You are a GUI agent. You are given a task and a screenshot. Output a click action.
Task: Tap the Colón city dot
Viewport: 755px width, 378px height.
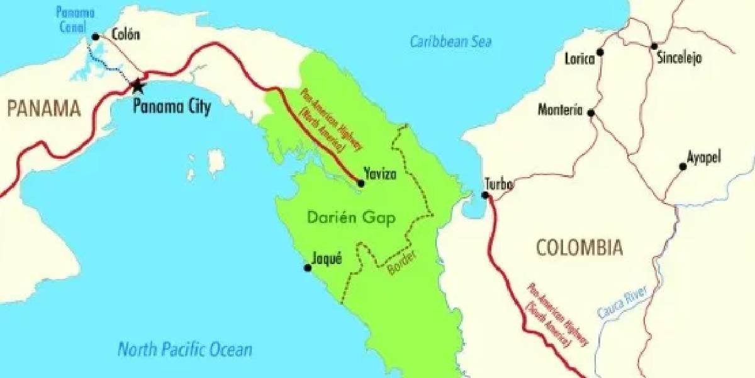pyautogui.click(x=96, y=37)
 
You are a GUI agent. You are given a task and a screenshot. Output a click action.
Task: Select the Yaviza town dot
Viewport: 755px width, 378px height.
pyautogui.click(x=361, y=183)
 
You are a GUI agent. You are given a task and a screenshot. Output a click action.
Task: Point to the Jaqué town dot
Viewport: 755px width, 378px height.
pyautogui.click(x=308, y=268)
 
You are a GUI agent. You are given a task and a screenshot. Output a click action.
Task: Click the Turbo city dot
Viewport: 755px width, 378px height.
pyautogui.click(x=486, y=195)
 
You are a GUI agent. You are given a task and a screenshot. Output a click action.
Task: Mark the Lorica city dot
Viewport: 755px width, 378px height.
pyautogui.click(x=600, y=52)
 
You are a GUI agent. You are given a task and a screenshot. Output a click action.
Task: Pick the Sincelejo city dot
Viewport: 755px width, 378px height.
pyautogui.click(x=654, y=46)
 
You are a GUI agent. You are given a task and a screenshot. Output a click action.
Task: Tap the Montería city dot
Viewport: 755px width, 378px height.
pyautogui.click(x=591, y=113)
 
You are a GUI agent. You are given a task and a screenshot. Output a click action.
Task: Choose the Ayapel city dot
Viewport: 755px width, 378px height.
pyautogui.click(x=683, y=167)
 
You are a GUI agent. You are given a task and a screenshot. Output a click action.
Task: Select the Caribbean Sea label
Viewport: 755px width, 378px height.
pyautogui.click(x=450, y=42)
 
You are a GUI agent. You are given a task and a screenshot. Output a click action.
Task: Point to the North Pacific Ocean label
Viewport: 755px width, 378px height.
pyautogui.click(x=185, y=349)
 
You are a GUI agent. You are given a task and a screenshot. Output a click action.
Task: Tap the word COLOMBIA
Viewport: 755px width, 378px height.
pyautogui.click(x=579, y=248)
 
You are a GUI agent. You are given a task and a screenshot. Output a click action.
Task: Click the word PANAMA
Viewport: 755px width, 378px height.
pyautogui.click(x=44, y=109)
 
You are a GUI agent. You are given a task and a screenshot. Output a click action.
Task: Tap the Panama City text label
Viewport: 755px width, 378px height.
pyautogui.click(x=172, y=107)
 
